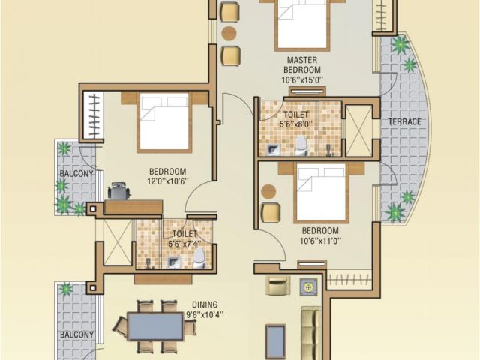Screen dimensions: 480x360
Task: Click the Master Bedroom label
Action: coord(302,65)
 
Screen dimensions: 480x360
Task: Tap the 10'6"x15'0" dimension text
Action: coord(302,80)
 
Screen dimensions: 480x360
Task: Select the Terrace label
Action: coord(405,121)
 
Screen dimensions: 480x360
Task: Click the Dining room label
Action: coord(205,304)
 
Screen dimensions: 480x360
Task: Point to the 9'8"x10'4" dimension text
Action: coord(205,315)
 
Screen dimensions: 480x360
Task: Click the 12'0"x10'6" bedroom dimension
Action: coord(167,181)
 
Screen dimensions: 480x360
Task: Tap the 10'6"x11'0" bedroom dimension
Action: coord(320,241)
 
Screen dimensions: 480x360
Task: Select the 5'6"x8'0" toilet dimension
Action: coord(296,124)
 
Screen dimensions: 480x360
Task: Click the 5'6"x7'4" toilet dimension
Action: coord(184,244)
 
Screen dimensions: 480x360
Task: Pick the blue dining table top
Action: coord(155,326)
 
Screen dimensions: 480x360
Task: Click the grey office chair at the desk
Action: coord(119,190)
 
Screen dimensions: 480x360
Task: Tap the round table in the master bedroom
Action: coord(229,33)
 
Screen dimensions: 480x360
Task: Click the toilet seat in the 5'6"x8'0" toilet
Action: coord(301,146)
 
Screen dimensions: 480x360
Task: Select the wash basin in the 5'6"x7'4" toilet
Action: coord(174,262)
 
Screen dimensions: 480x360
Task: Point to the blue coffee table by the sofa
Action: coord(275,341)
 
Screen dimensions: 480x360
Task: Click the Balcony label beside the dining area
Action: coord(76,334)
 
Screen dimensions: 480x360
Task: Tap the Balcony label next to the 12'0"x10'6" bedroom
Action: coord(76,174)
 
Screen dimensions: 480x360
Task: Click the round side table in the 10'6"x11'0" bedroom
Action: coord(268,192)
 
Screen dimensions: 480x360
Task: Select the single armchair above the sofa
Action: coord(277,285)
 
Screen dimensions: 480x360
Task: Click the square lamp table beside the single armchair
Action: coord(309,287)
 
